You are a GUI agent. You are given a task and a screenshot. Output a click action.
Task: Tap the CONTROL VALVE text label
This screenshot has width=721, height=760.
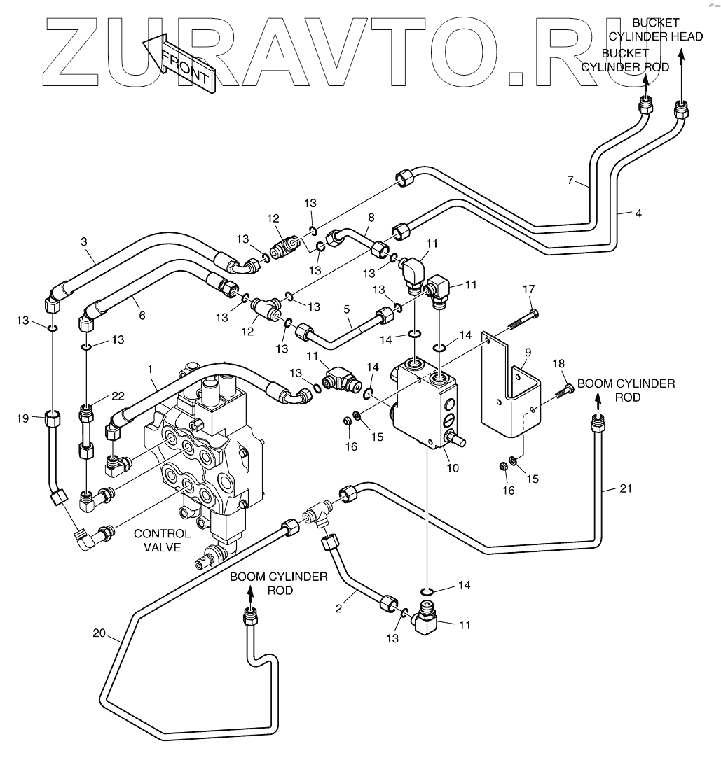point(162,540)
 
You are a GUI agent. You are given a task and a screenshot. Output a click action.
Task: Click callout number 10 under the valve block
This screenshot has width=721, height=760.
point(452,468)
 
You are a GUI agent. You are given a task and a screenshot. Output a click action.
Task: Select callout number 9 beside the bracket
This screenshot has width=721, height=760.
point(528,353)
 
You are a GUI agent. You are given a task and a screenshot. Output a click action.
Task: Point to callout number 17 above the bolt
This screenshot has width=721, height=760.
point(528,289)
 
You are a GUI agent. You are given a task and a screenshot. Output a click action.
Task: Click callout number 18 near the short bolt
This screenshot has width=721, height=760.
point(558,363)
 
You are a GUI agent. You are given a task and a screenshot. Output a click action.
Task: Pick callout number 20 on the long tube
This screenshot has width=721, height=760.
point(99,633)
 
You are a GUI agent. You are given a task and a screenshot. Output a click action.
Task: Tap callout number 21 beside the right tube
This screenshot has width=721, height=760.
point(626,488)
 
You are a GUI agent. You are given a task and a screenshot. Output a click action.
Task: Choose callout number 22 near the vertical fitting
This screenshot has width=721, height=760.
point(118,396)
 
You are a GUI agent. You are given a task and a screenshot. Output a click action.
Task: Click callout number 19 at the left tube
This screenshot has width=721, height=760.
point(23,418)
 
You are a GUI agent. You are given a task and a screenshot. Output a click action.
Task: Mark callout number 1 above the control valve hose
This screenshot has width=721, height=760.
point(150,370)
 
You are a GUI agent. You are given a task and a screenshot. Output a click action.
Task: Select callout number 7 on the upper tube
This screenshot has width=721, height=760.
point(570,181)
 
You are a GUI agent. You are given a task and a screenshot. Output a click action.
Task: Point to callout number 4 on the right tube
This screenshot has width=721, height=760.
point(638,213)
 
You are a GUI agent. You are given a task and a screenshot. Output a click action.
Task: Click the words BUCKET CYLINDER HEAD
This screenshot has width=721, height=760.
point(656,29)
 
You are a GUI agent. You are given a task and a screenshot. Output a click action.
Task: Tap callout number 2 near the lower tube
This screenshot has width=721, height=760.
point(338,608)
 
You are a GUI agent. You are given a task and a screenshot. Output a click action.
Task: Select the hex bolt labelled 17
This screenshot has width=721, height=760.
point(522,321)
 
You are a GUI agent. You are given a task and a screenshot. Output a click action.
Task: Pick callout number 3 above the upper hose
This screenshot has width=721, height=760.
point(84,241)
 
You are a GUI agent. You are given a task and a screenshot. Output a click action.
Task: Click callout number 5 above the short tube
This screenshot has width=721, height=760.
point(346,309)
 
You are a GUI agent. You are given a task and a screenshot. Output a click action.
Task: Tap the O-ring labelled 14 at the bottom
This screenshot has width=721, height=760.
point(427,592)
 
